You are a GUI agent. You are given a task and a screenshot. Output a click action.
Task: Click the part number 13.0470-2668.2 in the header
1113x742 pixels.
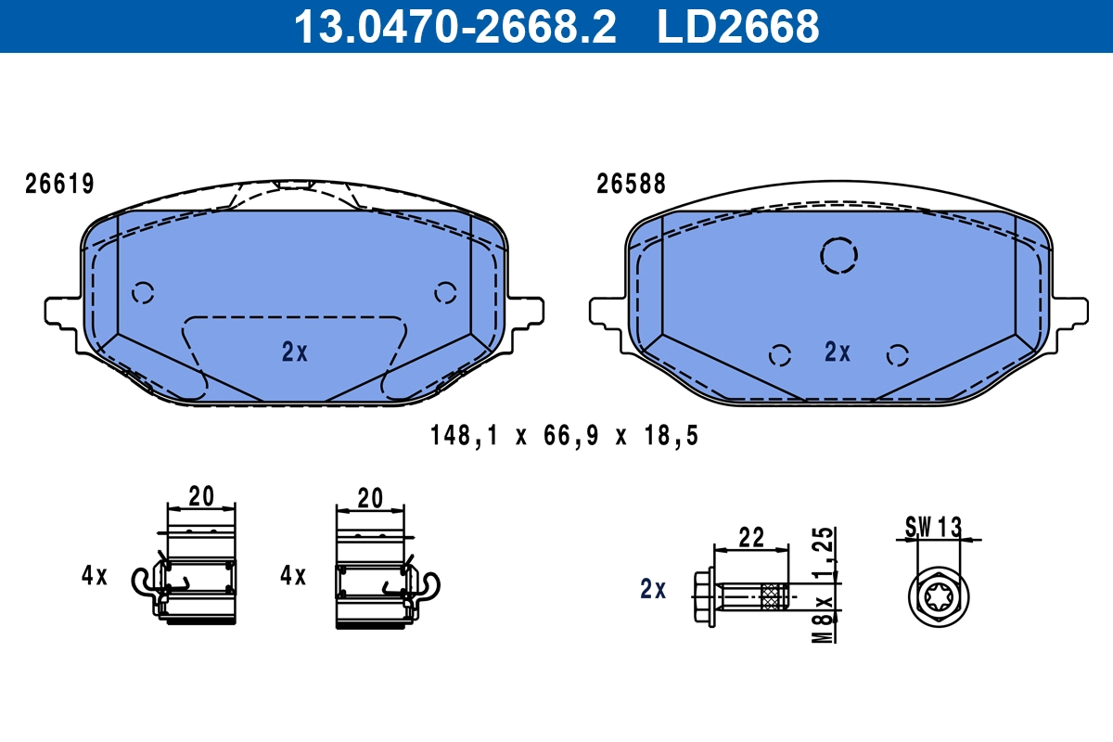[x=454, y=27]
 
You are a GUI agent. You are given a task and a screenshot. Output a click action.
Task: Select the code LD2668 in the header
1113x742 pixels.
[x=738, y=27]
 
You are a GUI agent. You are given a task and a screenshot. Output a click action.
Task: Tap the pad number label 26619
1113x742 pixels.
[x=59, y=184]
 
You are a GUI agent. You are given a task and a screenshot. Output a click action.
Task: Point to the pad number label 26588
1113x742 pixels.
[x=631, y=184]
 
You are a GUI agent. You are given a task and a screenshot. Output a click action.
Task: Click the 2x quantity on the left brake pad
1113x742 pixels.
[x=294, y=352]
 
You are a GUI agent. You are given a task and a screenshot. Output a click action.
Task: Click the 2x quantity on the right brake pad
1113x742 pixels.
[x=838, y=352]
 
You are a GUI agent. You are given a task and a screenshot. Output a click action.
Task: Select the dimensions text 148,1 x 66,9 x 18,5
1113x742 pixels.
[x=564, y=435]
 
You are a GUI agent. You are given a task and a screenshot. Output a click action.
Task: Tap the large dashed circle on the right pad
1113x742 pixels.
[x=838, y=255]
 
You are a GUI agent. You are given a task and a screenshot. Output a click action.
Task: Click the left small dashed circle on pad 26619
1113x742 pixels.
[x=143, y=293]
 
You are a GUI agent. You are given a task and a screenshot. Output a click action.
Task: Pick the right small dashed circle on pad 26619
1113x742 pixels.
[x=445, y=293]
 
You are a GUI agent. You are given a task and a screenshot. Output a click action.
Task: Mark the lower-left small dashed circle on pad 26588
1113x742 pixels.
[x=780, y=354]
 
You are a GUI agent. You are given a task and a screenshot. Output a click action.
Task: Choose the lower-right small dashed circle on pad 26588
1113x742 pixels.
[x=896, y=354]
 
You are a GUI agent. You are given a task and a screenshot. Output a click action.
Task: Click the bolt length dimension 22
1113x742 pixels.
[x=750, y=536]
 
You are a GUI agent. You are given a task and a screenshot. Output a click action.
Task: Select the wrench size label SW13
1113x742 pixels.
[x=933, y=527]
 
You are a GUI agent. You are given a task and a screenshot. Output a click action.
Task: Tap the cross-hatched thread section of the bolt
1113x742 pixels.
[x=772, y=596]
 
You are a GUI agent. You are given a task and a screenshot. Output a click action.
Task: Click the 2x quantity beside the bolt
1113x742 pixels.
[x=653, y=589]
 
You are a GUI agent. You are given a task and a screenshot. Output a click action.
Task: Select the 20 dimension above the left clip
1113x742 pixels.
[x=200, y=496]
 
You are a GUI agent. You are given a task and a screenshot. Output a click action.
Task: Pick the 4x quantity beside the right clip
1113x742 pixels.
[x=293, y=576]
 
